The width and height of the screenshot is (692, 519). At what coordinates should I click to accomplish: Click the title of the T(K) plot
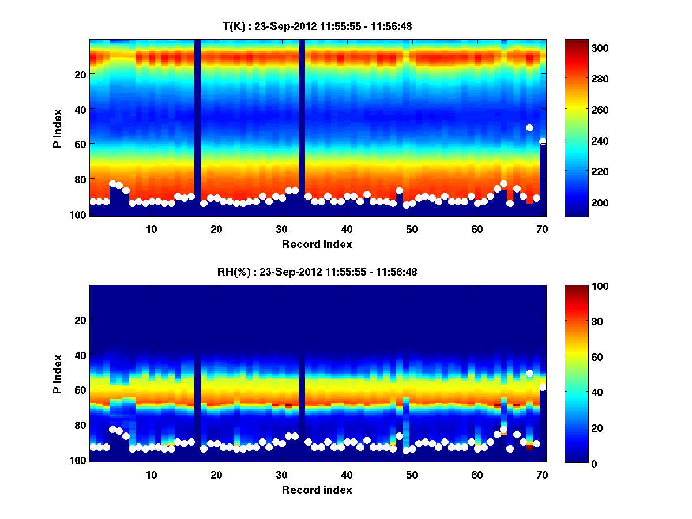coord(317,26)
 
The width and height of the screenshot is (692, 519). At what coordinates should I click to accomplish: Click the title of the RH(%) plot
coord(317,272)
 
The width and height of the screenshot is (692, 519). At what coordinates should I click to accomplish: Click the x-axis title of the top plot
coord(317,244)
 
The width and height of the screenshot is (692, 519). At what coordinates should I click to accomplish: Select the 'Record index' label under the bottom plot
coord(317,490)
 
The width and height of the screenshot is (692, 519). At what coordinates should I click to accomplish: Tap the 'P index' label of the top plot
coord(58,128)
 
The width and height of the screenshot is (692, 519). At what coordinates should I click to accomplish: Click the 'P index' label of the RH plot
coord(58,374)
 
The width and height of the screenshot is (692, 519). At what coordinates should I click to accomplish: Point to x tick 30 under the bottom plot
coord(281,475)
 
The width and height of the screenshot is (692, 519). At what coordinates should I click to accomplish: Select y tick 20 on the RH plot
coord(81,320)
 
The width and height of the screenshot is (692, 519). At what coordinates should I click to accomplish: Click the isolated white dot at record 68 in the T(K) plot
coord(529,127)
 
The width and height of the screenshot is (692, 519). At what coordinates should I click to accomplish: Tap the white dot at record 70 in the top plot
coord(543,141)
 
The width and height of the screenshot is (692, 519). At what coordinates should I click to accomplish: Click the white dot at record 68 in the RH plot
coord(529,374)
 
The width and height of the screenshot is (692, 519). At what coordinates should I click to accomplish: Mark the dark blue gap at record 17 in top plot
coord(197,127)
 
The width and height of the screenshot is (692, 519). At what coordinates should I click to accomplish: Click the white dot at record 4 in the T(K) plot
coord(112,183)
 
